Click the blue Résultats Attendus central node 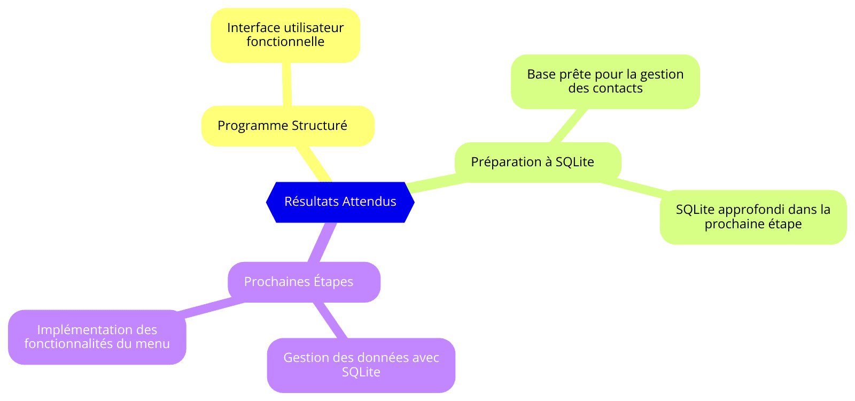click(x=340, y=202)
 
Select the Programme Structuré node click(x=288, y=126)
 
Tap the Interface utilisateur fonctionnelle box click(x=285, y=35)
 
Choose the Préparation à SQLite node click(x=538, y=163)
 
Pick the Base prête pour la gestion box click(x=605, y=82)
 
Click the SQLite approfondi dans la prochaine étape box click(x=753, y=217)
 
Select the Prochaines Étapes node click(x=304, y=282)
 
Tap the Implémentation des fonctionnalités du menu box click(x=97, y=337)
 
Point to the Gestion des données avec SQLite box click(x=361, y=365)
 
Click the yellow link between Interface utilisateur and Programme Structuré click(x=286, y=84)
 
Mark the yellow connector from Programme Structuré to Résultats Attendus click(x=313, y=164)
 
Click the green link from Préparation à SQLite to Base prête click(x=569, y=126)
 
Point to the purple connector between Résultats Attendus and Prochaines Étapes click(x=322, y=243)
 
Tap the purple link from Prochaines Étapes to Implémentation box click(x=211, y=307)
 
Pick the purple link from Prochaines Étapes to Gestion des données click(x=331, y=320)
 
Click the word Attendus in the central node click(x=369, y=201)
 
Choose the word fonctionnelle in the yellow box click(x=285, y=42)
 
